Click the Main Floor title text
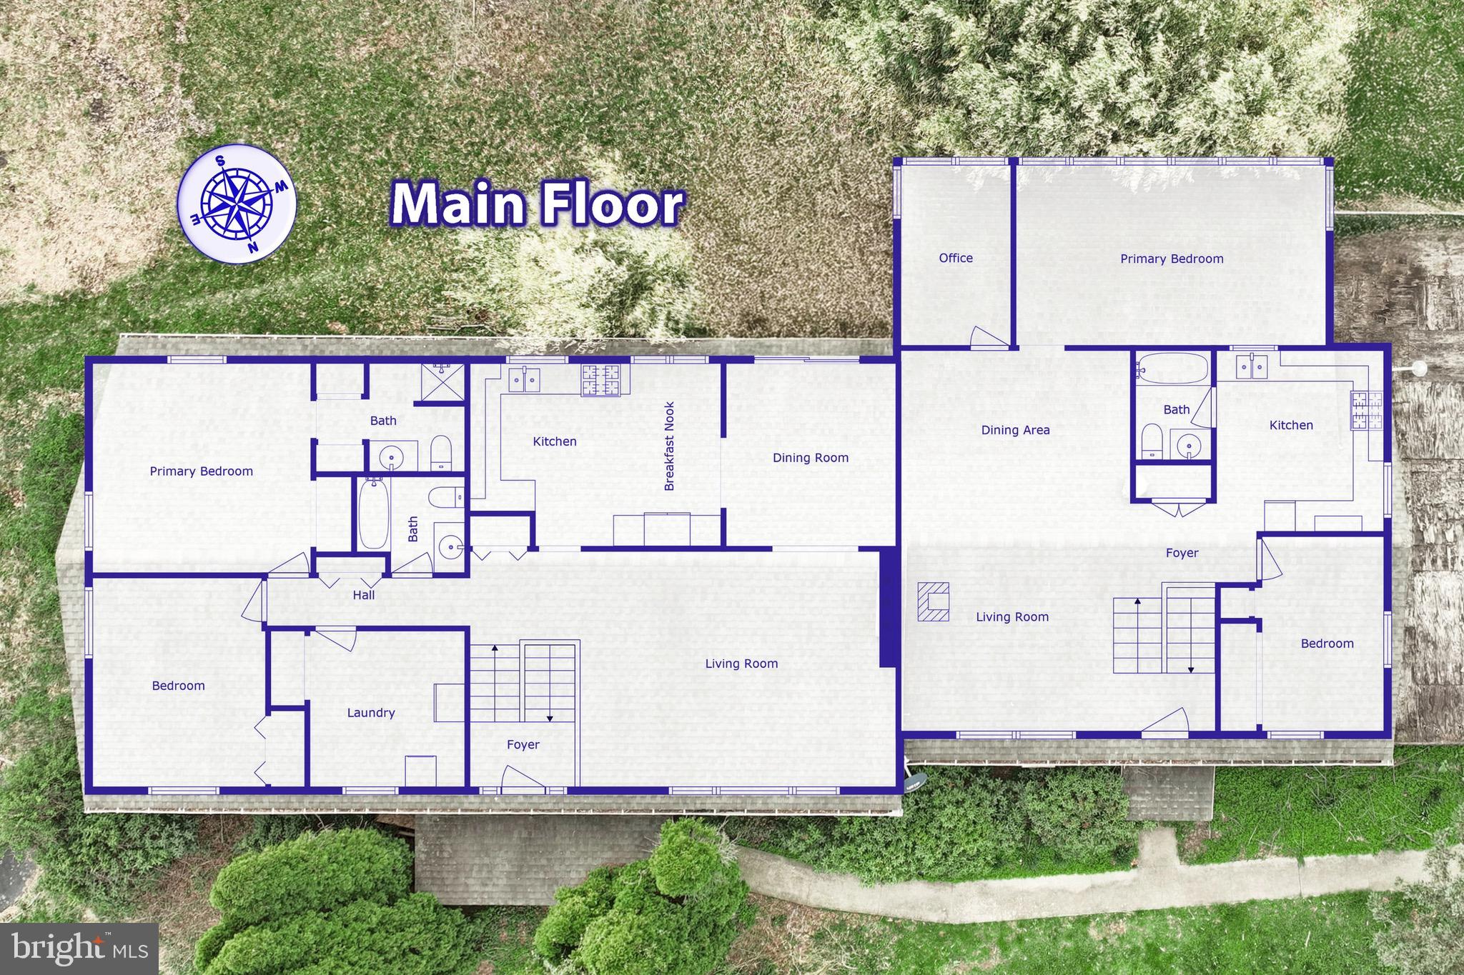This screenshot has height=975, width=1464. point(537,205)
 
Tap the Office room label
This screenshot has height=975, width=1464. point(956,259)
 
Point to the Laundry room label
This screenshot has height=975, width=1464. point(370,713)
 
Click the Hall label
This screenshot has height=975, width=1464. point(364,595)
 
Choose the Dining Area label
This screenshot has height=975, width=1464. point(1015,430)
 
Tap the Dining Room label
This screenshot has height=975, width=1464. point(810,458)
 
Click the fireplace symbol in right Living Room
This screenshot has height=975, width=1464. point(934,601)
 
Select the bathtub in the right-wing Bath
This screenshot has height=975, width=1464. point(1172,369)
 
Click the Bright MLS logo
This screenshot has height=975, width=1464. point(79,949)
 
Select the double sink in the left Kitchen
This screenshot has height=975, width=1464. point(524,379)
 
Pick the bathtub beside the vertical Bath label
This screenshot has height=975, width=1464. point(372,514)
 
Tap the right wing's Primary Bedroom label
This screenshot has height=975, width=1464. point(1172,259)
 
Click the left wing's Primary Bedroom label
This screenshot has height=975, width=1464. point(201,471)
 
